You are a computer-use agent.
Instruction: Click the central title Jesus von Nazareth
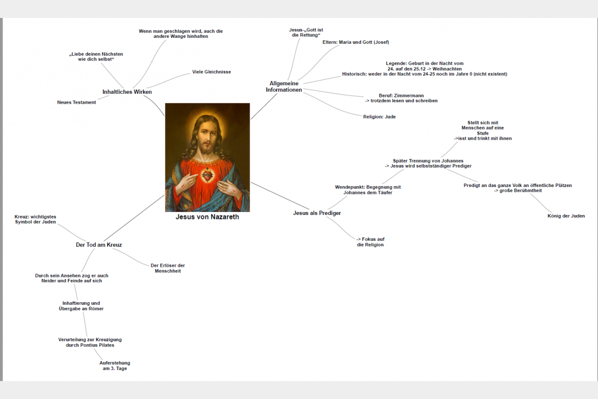207,217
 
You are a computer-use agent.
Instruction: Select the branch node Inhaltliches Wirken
127,92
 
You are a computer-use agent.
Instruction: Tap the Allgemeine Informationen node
284,87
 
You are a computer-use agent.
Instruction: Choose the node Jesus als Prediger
317,213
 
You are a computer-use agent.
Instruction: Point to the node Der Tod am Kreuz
99,245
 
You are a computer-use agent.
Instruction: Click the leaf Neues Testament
76,102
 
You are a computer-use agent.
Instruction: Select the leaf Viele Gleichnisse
211,72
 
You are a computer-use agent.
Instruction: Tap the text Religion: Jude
379,117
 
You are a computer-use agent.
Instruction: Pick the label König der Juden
566,216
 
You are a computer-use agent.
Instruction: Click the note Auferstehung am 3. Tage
115,366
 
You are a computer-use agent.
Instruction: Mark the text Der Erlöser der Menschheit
167,268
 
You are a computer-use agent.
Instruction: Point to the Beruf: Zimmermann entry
401,95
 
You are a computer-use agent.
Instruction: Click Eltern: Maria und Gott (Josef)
356,42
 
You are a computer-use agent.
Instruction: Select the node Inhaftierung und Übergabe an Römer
81,306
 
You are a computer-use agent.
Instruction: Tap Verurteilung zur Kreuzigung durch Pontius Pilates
90,342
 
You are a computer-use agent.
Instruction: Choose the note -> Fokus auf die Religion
370,242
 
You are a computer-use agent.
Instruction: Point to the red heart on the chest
207,176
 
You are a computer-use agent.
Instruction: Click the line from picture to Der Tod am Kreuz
134,218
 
